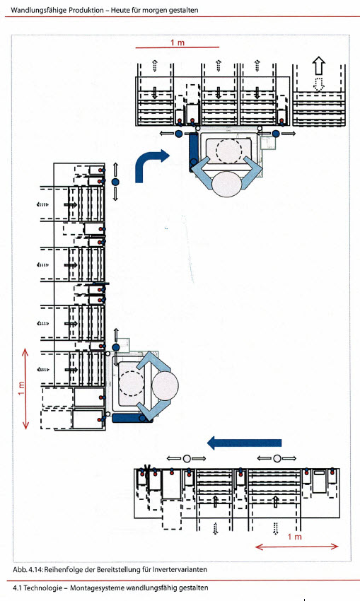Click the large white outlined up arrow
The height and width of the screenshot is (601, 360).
point(318,66)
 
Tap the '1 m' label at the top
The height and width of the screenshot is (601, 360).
point(178,42)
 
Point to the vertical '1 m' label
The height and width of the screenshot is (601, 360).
point(21,389)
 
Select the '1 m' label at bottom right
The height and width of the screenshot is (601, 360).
point(294,537)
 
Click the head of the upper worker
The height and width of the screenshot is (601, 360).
point(226,184)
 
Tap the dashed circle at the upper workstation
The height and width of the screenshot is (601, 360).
point(229,151)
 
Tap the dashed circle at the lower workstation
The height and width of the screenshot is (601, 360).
point(132,383)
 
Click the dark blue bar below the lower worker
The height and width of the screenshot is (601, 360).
point(132,418)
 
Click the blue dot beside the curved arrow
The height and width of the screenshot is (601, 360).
point(115,182)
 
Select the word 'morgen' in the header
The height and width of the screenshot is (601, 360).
point(155,11)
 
